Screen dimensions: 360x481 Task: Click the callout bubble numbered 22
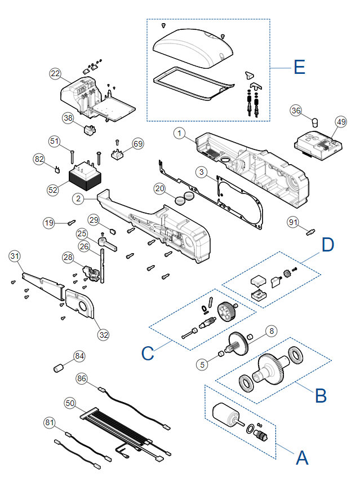coord(55,74)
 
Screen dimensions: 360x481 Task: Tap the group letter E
coord(299,67)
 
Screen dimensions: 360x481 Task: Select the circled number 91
coord(293,222)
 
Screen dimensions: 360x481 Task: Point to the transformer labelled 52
coord(85,176)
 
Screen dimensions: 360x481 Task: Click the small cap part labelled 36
coord(315,123)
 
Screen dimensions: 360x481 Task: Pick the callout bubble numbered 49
coord(341,122)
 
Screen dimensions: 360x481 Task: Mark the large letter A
coord(302,458)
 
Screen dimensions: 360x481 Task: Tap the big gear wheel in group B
coord(270,369)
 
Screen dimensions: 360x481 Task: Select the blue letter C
coord(148,354)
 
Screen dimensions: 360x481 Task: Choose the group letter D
coord(327,245)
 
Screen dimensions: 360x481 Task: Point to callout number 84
coord(79,356)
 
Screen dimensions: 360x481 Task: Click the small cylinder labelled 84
coord(58,368)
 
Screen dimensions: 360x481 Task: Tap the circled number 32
coord(104,335)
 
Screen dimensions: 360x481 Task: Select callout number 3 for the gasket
coord(201,172)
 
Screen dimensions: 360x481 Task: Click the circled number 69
coord(138,144)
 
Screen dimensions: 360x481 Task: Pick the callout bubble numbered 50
coord(70,403)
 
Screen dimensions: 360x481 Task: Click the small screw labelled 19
coord(72,222)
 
